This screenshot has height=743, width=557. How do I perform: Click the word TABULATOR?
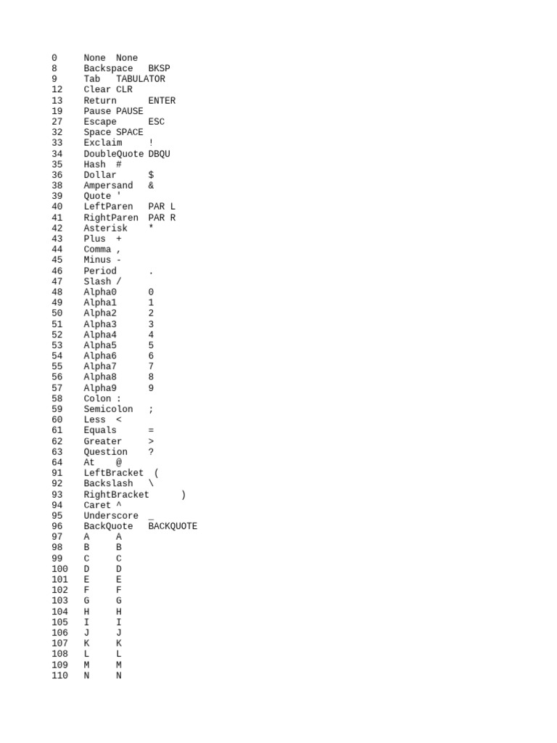point(140,79)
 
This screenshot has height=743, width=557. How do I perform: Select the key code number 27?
point(57,122)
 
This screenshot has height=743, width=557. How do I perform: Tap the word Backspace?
point(108,68)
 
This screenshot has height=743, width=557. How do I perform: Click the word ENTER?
point(162,101)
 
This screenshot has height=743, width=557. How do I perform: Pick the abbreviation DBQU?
point(159,154)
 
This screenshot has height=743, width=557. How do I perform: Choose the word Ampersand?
point(108,186)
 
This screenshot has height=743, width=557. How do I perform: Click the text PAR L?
point(162,207)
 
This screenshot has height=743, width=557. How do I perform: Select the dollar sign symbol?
point(151,175)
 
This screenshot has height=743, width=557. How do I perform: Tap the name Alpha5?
point(100,345)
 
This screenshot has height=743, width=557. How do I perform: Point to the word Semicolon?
point(108,409)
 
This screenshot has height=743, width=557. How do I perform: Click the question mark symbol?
point(151,452)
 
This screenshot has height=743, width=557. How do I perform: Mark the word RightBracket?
point(116,495)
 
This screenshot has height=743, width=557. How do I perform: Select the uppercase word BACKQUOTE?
point(173,527)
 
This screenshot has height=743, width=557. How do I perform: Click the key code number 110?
point(59,676)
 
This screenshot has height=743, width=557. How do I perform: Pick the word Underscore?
point(111,516)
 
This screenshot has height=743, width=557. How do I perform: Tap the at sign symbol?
point(119,462)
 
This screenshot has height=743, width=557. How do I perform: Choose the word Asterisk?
point(105,228)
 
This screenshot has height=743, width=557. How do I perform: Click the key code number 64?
point(57,462)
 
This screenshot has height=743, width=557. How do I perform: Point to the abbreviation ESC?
point(156,122)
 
